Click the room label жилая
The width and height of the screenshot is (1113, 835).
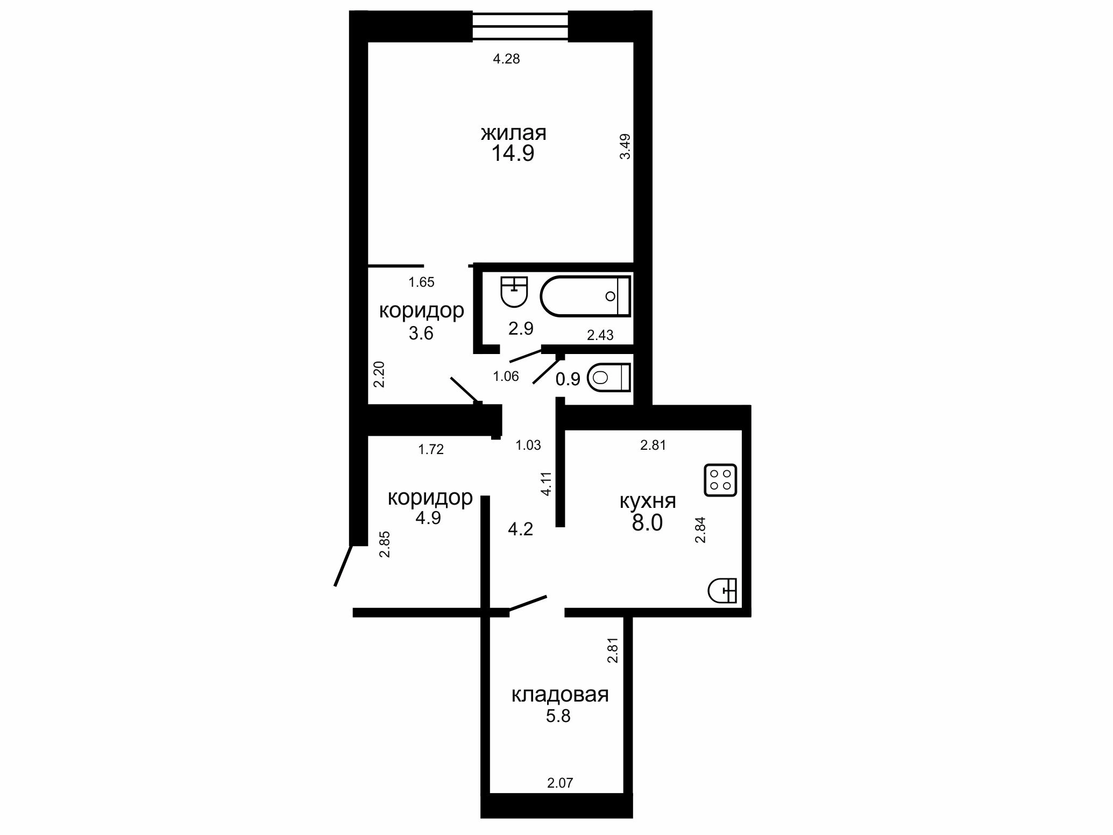(514, 133)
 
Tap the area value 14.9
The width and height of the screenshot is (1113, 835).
(513, 154)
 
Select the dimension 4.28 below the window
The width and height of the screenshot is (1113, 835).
(507, 59)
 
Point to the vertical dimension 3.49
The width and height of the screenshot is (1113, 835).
(625, 146)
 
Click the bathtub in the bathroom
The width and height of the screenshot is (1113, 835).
(585, 296)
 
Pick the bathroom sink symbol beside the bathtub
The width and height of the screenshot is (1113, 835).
(515, 292)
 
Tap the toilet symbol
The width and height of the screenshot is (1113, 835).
(608, 378)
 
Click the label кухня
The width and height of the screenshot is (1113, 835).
(648, 501)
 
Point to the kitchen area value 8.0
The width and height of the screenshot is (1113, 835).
(647, 523)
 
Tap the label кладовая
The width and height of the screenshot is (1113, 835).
(560, 695)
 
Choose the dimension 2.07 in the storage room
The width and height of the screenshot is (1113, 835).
(561, 783)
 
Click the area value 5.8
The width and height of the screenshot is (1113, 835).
(558, 717)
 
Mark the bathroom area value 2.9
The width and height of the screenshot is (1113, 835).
(521, 328)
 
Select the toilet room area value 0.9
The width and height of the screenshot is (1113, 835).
(568, 379)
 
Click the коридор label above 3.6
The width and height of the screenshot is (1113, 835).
(422, 311)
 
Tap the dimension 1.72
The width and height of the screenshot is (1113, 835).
(431, 450)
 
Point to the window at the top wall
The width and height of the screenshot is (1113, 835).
(520, 26)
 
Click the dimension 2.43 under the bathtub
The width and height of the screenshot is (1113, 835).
(600, 336)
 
